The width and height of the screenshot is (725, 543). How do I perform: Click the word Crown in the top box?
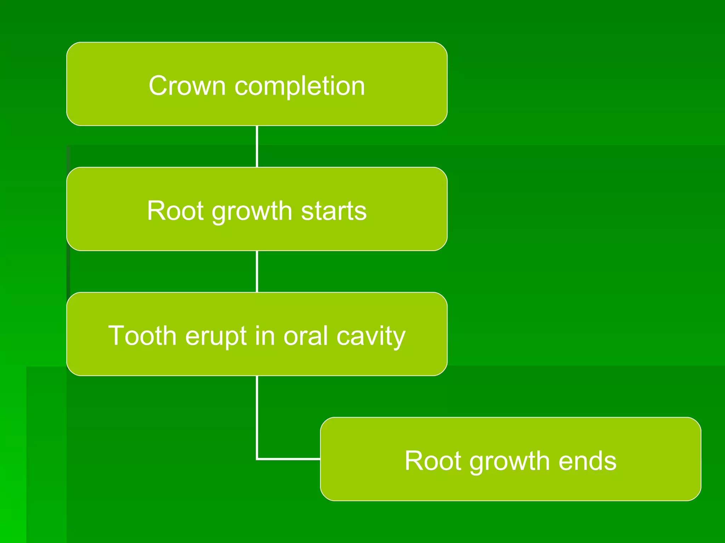187,86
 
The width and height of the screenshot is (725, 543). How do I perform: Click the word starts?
333,211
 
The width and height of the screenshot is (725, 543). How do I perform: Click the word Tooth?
142,335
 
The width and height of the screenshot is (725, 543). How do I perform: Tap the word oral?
306,335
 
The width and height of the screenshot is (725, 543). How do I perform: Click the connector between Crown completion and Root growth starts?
257,146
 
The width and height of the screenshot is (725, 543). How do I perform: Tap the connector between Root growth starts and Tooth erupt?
257,271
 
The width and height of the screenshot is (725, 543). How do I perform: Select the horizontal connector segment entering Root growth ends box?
289,459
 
